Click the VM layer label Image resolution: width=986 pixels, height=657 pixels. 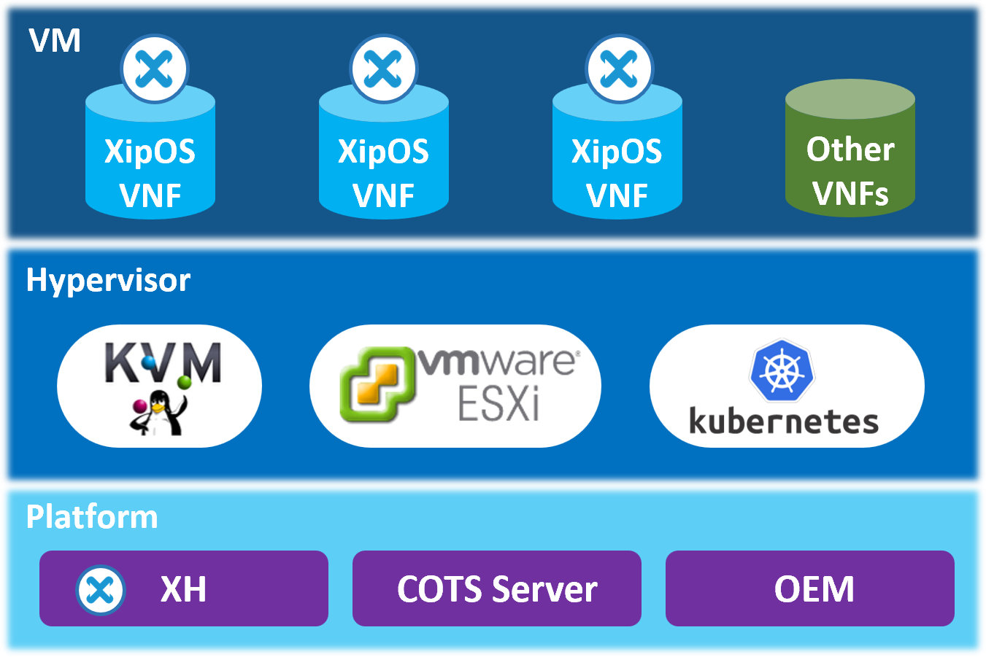pos(55,41)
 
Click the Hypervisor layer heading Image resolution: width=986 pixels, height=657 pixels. pos(108,280)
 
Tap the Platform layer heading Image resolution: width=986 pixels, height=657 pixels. pos(92,516)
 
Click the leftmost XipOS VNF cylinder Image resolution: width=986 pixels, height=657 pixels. pos(150,168)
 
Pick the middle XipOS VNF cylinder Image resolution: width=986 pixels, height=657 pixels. pos(384,168)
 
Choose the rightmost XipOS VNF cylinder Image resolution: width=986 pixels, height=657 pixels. pos(617,168)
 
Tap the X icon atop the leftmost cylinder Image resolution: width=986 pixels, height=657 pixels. pos(155,69)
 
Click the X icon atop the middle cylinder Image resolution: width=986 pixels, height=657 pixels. pos(384,69)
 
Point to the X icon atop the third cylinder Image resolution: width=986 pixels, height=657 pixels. pos(620,69)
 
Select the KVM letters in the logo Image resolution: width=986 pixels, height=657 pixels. pos(162,362)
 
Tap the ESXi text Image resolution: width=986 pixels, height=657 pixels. pos(498,404)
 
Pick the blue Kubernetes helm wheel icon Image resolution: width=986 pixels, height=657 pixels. pos(782,371)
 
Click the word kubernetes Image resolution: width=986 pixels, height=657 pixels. pos(783,422)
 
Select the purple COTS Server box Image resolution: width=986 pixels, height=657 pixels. pos(497,588)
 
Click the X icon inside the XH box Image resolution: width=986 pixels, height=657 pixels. pos(100,589)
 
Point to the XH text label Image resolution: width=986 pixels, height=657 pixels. pos(183,589)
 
